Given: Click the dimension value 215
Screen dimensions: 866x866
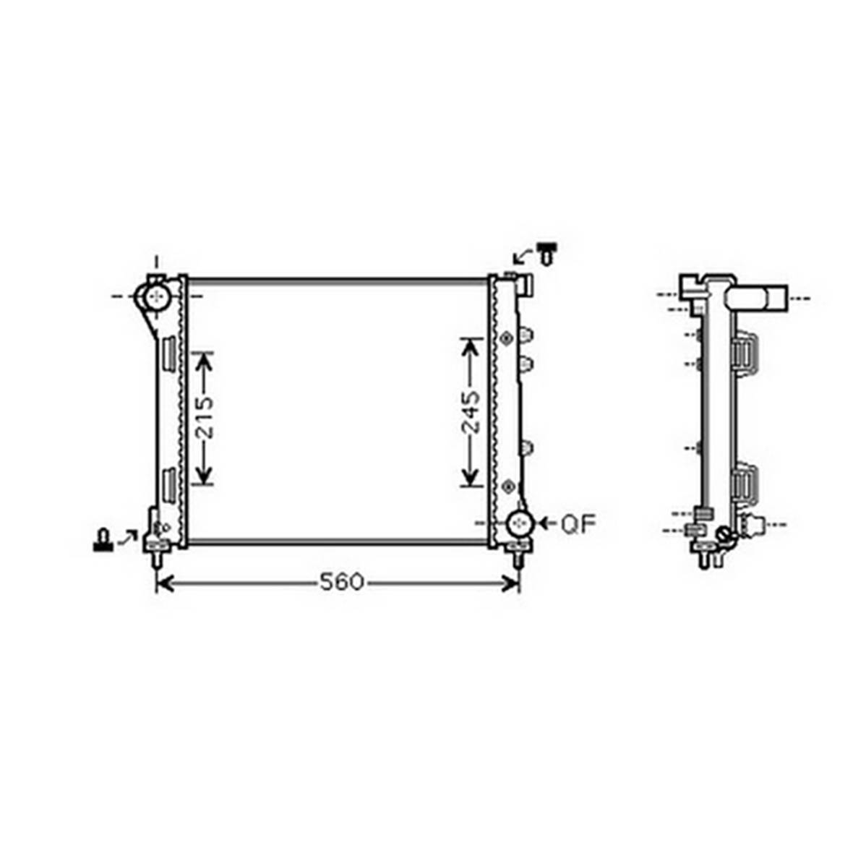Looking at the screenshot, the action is coord(205,418).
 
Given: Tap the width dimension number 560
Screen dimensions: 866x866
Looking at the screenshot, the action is coord(342,582).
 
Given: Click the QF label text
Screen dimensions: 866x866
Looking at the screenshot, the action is coord(579,524).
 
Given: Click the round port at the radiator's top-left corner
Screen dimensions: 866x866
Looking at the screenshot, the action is coord(158,296).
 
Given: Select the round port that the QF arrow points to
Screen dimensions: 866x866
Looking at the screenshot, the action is coord(520,523).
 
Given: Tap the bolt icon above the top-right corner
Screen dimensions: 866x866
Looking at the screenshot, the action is coord(548,253).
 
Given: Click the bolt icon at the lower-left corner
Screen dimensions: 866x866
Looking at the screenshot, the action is coord(103,539).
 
